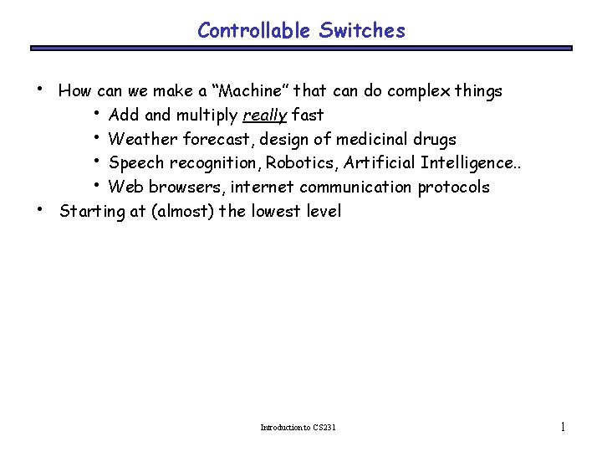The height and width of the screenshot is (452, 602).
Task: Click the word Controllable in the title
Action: tap(254, 31)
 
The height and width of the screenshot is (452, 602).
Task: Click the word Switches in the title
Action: tap(361, 31)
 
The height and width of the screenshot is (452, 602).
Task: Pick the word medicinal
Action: tap(374, 139)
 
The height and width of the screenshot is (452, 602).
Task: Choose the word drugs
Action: tap(436, 139)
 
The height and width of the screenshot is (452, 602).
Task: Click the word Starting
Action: tap(92, 211)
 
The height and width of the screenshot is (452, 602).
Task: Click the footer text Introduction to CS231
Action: tap(298, 428)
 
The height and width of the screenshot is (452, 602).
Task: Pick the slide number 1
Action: tap(563, 427)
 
